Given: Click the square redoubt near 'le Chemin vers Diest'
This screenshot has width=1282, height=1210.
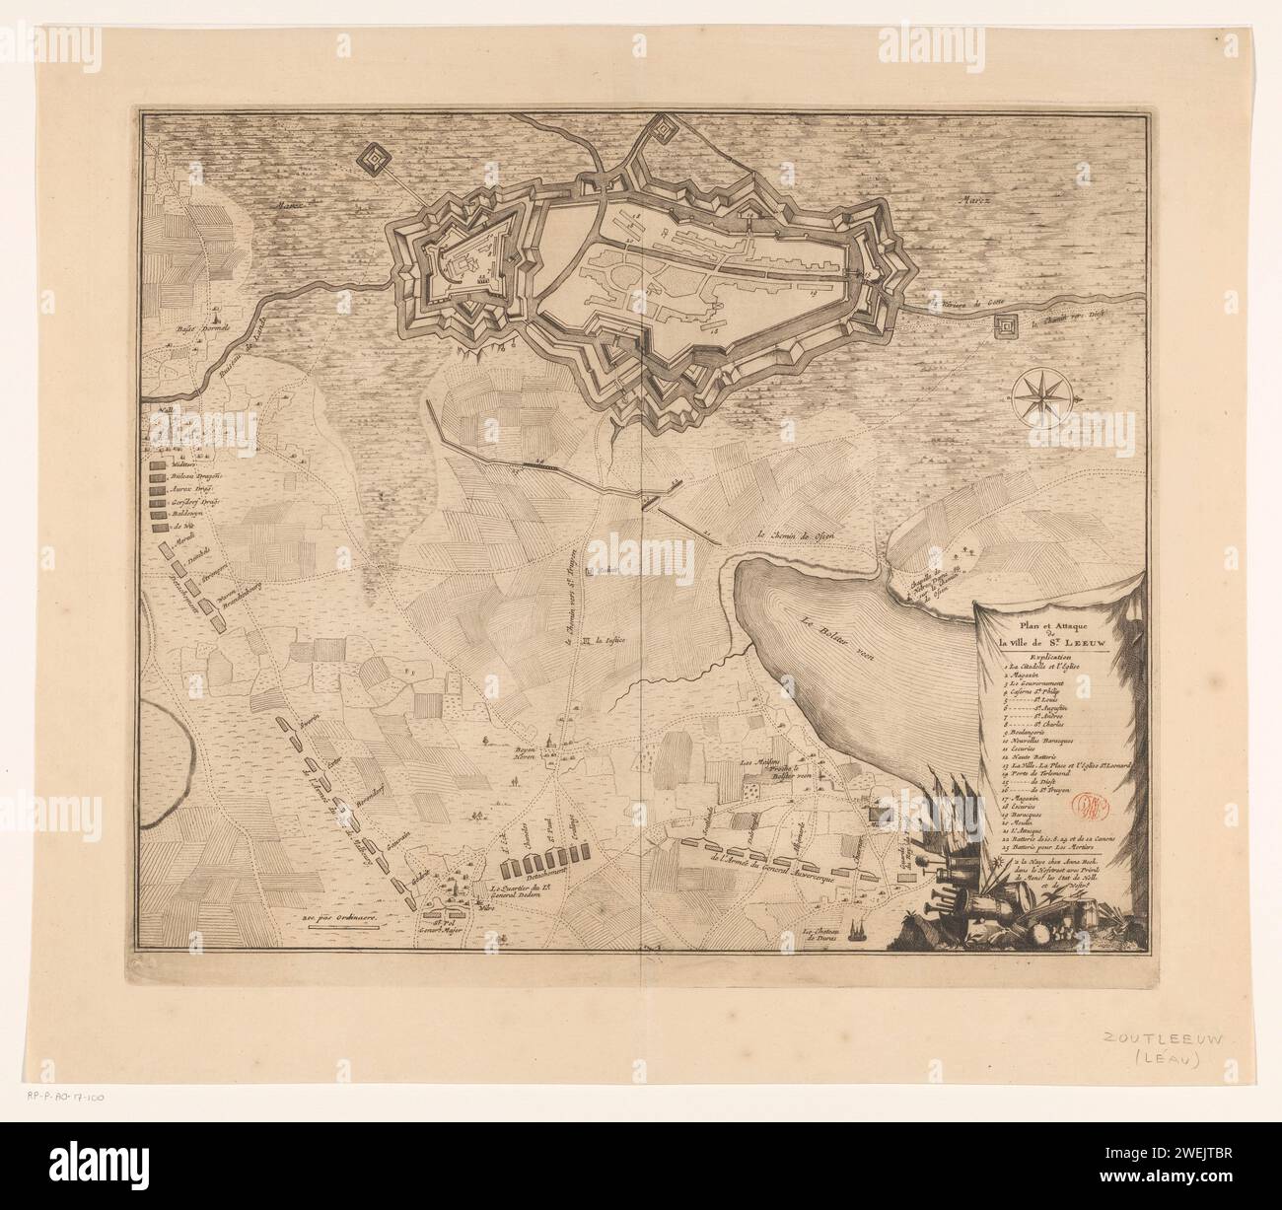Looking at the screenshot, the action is (1006, 327).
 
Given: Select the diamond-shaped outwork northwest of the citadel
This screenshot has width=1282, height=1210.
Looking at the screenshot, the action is (373, 156).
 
